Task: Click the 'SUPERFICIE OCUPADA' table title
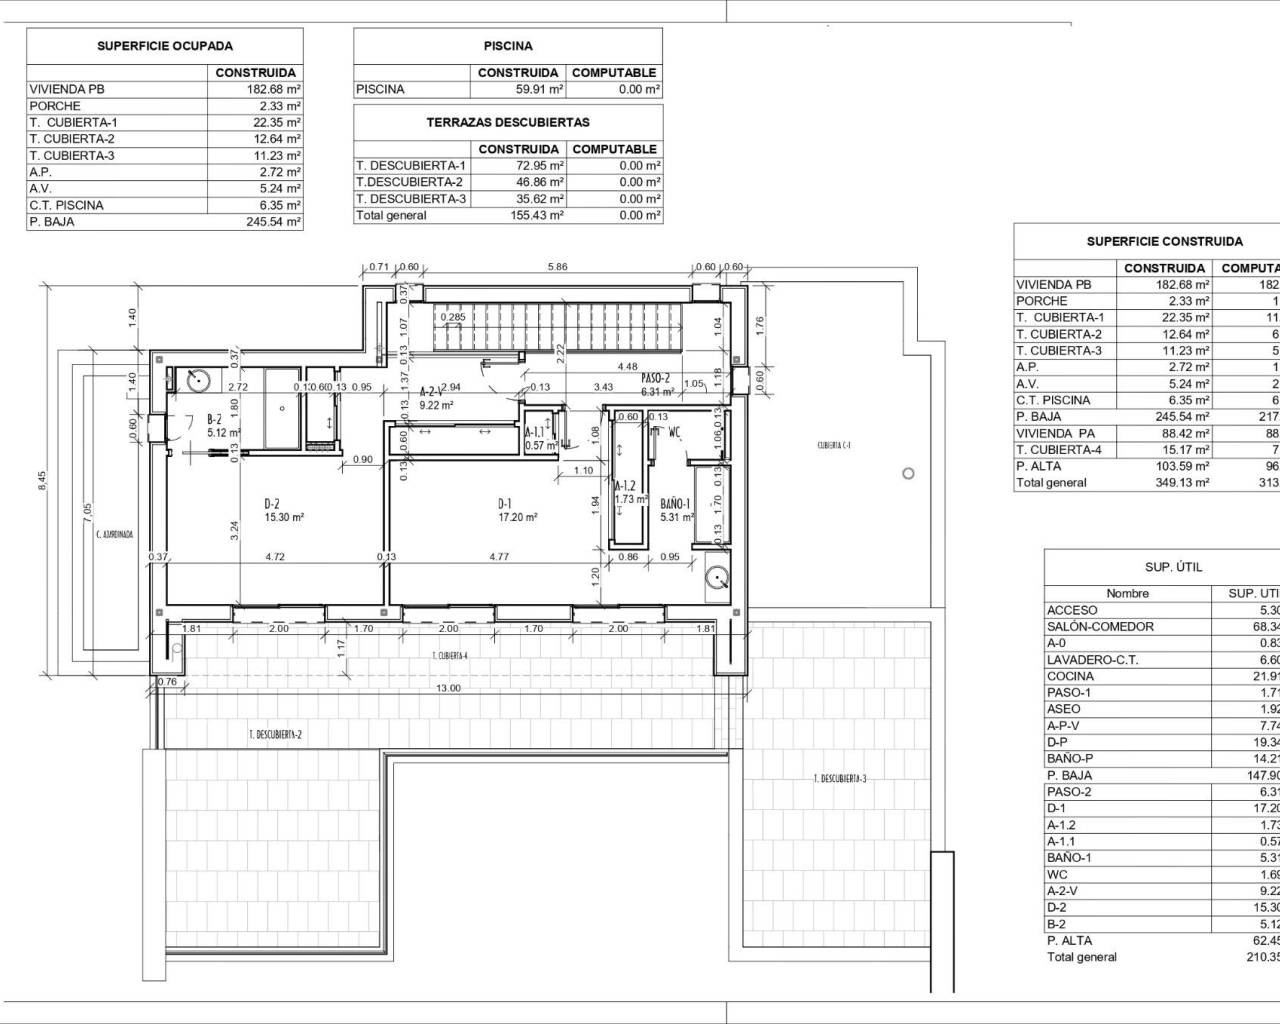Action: (164, 46)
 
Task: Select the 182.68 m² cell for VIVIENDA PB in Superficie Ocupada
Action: (257, 89)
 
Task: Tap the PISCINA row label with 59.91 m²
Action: (381, 89)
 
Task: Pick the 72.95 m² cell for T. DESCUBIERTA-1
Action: (517, 166)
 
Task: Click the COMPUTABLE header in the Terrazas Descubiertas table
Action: (614, 149)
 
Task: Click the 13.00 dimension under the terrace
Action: (448, 688)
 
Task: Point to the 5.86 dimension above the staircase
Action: (557, 267)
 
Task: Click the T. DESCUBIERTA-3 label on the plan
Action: (840, 778)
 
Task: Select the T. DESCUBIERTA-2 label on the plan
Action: (275, 735)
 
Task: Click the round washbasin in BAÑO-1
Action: (717, 576)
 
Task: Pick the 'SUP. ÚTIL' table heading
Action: (1173, 567)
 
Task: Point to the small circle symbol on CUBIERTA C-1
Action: (907, 473)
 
